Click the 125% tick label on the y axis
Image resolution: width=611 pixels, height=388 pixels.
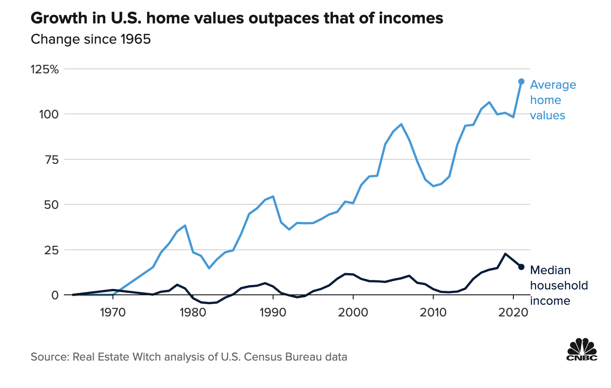(x=45, y=69)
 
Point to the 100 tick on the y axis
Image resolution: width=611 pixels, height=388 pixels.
(x=49, y=114)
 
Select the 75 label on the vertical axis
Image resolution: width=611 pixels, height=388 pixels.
(x=52, y=160)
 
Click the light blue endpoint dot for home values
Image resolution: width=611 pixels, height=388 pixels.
(x=521, y=81)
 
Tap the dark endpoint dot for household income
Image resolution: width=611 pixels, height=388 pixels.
(x=521, y=267)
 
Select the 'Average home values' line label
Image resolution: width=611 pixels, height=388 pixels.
(x=553, y=100)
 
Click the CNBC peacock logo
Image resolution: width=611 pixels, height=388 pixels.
(x=581, y=349)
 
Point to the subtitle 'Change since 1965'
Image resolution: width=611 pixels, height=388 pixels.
(x=90, y=39)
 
